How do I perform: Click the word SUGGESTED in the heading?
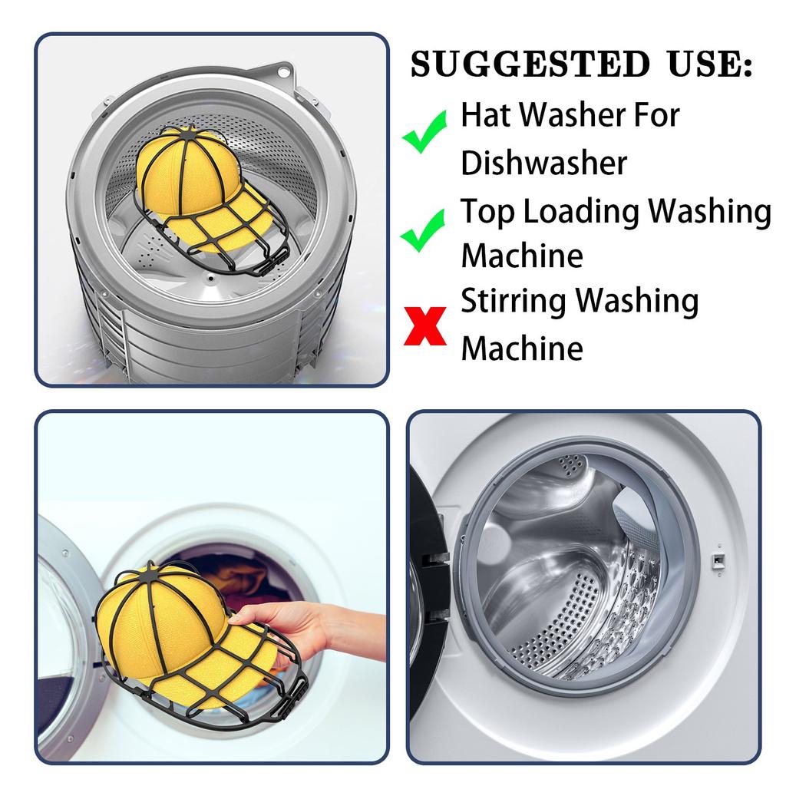pyautogui.click(x=530, y=64)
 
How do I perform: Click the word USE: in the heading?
pyautogui.click(x=711, y=64)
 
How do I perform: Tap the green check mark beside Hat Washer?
pyautogui.click(x=424, y=131)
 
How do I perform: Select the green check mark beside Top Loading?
pyautogui.click(x=423, y=230)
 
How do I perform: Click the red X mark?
pyautogui.click(x=425, y=325)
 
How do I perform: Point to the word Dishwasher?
pyautogui.click(x=544, y=163)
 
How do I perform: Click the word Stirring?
pyautogui.click(x=514, y=302)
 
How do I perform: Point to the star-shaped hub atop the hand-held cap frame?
pyautogui.click(x=150, y=574)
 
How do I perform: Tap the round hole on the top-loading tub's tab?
pyautogui.click(x=283, y=71)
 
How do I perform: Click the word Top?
pyautogui.click(x=487, y=213)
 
